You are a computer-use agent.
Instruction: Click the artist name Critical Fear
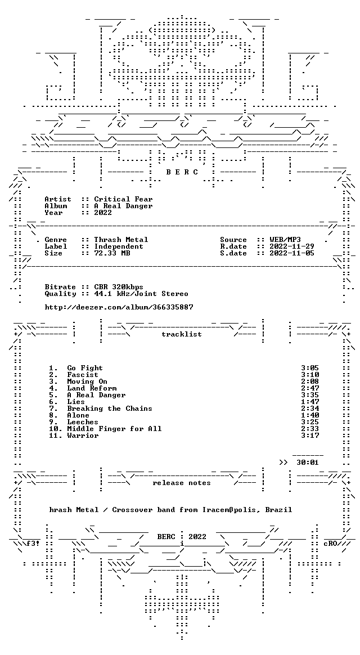pos(123,199)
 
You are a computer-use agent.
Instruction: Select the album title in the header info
pos(123,206)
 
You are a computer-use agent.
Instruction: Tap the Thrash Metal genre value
pos(121,240)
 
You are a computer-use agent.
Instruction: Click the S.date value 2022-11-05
pos(292,253)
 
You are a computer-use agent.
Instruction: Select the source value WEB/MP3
pos(285,240)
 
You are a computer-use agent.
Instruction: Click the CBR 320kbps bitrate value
pos(119,287)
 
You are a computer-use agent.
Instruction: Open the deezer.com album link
pos(119,307)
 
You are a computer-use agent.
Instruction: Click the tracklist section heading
pos(182,334)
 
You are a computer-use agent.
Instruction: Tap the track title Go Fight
pos(85,368)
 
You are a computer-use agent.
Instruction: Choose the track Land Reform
pos(92,388)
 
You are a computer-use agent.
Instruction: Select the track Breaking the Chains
pos(110,409)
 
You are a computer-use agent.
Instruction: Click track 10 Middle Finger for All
pos(114,429)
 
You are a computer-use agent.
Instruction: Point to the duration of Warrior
pos(310,436)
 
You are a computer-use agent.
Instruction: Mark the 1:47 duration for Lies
pos(310,402)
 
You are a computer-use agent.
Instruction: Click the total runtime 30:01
pos(307,463)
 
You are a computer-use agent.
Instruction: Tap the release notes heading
pos(182,483)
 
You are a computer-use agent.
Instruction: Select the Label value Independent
pos(119,246)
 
